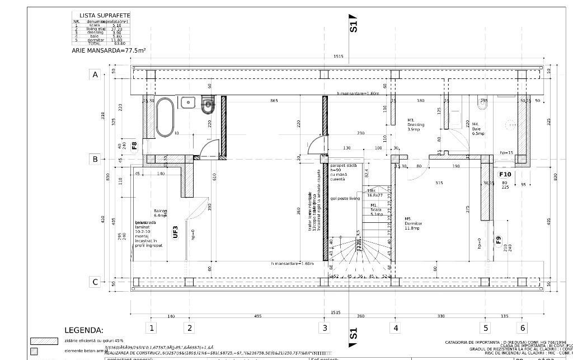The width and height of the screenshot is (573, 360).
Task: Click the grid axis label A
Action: (x=95, y=74)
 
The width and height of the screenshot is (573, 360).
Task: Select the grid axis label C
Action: (x=95, y=282)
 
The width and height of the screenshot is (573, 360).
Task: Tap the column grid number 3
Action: (x=324, y=328)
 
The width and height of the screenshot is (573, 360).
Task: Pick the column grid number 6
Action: (x=523, y=328)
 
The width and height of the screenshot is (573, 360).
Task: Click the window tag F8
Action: (x=134, y=146)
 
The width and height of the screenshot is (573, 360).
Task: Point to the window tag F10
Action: (x=505, y=174)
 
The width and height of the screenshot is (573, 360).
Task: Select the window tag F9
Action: (x=499, y=241)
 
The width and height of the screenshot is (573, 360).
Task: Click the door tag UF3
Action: (x=175, y=232)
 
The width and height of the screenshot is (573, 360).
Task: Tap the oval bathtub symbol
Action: (x=165, y=117)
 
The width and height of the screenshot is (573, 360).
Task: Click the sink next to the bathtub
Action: (x=187, y=102)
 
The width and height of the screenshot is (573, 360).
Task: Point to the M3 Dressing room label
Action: (x=416, y=125)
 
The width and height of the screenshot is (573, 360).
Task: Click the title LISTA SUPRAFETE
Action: (x=105, y=16)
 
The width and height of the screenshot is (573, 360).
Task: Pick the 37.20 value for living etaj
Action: (x=117, y=29)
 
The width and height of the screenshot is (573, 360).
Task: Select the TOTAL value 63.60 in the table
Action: (x=119, y=43)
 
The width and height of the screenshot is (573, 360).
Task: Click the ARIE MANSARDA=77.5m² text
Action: (x=109, y=50)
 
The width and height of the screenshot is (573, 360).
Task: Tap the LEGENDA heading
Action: (x=84, y=330)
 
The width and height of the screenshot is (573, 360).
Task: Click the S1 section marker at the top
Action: (x=353, y=24)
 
